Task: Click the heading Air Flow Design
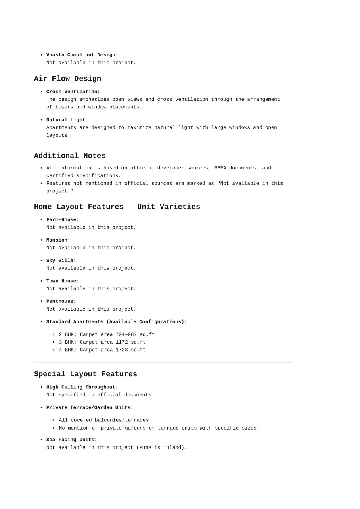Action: [67, 79]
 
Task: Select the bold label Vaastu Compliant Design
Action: [82, 55]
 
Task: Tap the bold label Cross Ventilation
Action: [73, 92]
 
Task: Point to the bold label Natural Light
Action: [67, 120]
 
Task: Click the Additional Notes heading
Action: [70, 156]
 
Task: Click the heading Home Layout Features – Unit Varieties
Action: [117, 207]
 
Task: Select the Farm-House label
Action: [63, 220]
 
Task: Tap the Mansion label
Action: [58, 240]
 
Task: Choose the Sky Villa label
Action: [61, 261]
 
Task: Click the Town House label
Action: [63, 281]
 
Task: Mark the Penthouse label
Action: [61, 301]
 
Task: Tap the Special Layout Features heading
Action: [86, 374]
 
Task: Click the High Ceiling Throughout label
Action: [82, 387]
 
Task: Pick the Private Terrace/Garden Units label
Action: [90, 407]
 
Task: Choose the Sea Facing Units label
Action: [71, 440]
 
